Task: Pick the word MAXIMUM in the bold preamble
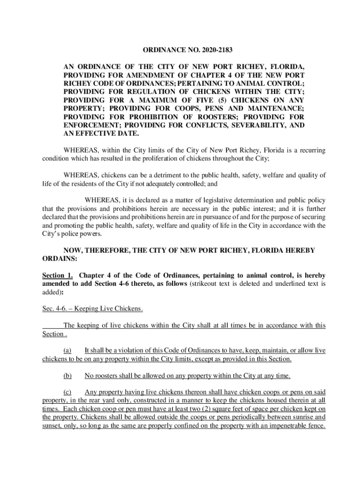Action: click(x=156, y=100)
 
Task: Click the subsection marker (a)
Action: click(x=67, y=350)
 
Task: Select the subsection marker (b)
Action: click(x=67, y=375)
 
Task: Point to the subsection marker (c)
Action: click(x=67, y=392)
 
